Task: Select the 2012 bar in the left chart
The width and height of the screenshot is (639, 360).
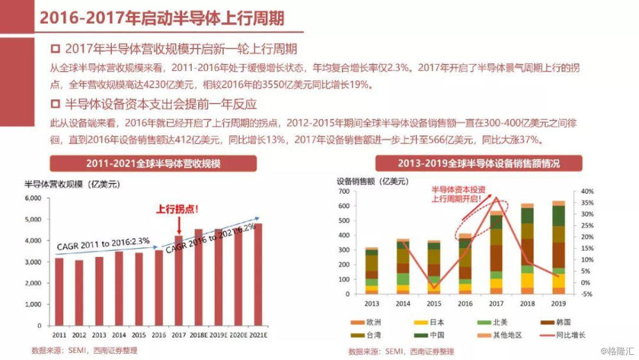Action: tap(79, 292)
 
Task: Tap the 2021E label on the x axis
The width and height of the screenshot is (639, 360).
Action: tap(258, 334)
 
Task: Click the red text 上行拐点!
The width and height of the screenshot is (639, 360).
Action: tap(178, 208)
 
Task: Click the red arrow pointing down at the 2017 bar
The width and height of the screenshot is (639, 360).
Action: tap(179, 224)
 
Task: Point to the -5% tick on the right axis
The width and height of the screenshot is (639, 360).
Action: tap(585, 294)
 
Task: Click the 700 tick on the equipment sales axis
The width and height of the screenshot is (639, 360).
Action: tap(343, 191)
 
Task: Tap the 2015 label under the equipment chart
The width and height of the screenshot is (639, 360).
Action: tap(434, 304)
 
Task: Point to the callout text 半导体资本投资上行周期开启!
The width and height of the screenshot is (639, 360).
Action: tap(458, 194)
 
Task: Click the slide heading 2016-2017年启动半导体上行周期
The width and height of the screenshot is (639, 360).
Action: tap(162, 17)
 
